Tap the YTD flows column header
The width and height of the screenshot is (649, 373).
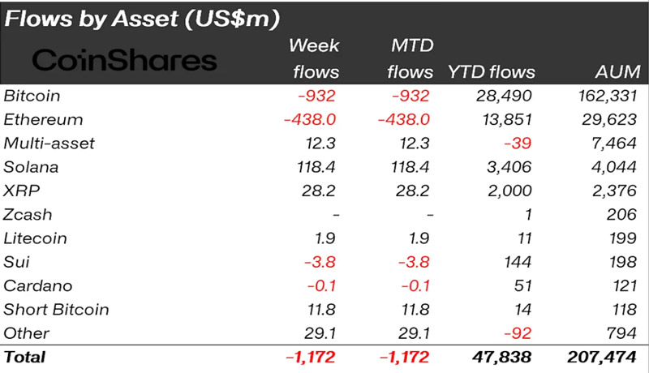pos(489,72)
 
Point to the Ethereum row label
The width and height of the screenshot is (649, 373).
pos(44,120)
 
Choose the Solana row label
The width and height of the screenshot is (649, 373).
pos(32,167)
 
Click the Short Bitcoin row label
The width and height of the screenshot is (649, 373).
pos(56,309)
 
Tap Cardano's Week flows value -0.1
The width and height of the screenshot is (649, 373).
pos(320,285)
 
